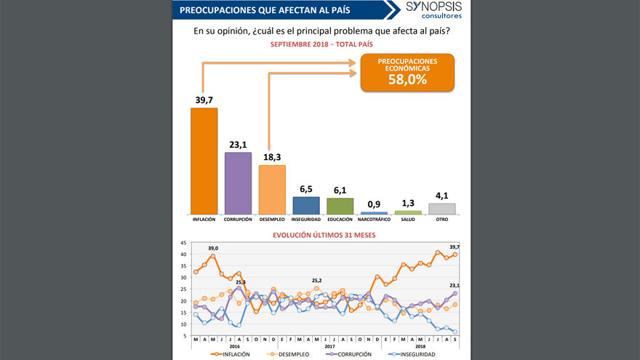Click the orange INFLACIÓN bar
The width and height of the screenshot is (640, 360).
204,161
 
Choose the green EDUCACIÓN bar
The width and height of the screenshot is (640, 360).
340,207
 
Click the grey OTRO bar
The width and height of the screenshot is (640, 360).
441,209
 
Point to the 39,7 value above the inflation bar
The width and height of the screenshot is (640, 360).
204,100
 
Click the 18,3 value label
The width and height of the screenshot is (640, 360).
272,157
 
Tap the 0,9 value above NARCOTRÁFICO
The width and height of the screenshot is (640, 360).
374,204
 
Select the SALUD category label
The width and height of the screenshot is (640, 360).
408,219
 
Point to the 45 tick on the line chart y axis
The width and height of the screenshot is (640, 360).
183,243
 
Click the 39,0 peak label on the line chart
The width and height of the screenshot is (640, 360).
213,249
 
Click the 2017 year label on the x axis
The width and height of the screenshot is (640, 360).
329,346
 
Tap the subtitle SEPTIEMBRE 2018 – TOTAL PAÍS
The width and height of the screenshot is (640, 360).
321,45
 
